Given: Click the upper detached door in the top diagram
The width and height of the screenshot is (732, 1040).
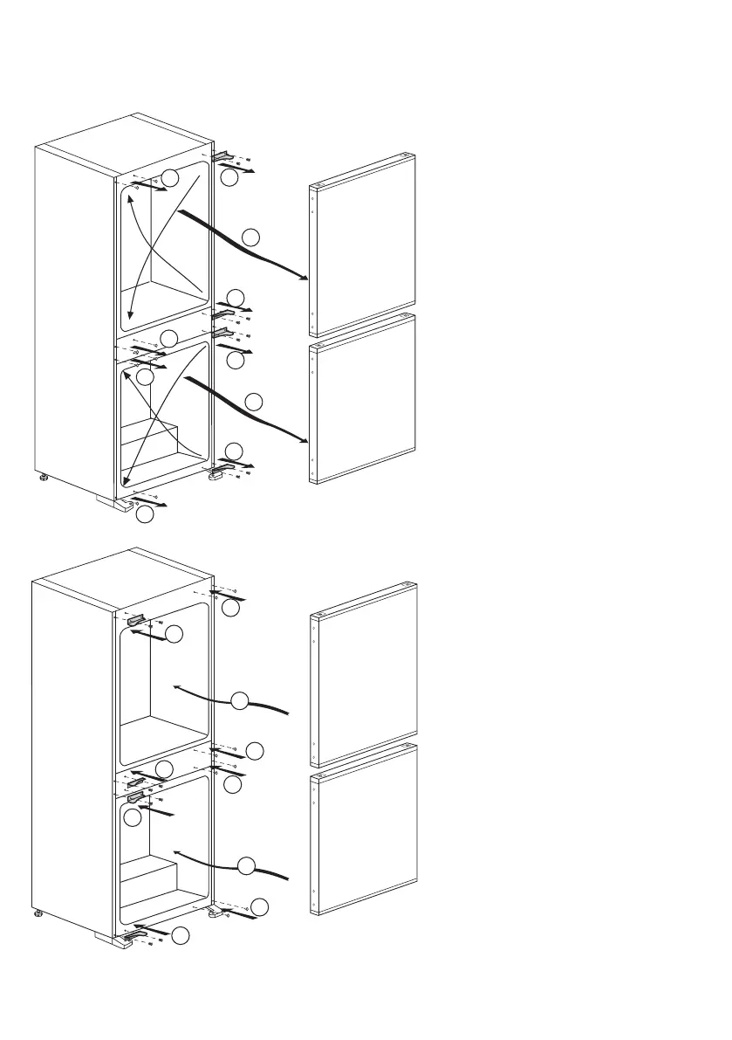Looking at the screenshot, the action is click(x=364, y=247).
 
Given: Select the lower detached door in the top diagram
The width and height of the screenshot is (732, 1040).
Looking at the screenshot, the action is click(x=364, y=400).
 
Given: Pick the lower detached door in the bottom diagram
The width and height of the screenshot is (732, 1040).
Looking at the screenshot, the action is click(x=364, y=830).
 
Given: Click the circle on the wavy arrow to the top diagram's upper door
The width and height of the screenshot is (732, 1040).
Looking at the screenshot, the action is click(x=250, y=236).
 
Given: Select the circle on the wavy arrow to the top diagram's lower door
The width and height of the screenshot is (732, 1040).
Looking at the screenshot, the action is click(x=254, y=402).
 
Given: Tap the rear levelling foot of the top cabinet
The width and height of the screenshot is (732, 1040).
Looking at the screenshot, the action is click(x=43, y=479).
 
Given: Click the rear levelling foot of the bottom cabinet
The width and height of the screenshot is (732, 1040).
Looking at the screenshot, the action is click(x=38, y=914).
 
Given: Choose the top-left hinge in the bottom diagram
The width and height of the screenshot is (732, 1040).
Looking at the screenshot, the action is click(x=138, y=619).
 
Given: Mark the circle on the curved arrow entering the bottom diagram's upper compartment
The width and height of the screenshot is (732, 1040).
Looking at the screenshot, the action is click(x=242, y=699).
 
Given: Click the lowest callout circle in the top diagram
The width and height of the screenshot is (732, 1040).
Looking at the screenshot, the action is click(x=146, y=515).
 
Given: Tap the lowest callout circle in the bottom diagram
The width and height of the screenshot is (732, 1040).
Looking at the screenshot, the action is click(x=180, y=935).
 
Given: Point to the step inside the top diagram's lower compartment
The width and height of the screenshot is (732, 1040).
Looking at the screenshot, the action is click(x=154, y=437).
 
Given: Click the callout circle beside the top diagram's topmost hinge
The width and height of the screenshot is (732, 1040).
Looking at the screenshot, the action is click(x=229, y=177).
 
